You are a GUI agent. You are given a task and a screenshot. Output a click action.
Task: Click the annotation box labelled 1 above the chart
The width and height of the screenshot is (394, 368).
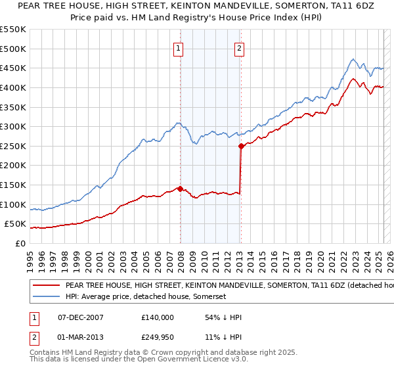click(x=179, y=48)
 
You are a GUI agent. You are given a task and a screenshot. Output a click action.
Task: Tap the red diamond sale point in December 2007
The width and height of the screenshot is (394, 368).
click(x=180, y=189)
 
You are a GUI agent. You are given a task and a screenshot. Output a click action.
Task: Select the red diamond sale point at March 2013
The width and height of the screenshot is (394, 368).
click(x=241, y=146)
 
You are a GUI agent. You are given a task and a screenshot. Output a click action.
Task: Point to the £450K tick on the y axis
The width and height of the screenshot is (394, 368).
click(x=14, y=68)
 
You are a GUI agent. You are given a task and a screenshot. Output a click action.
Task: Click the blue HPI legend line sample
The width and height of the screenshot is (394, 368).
click(x=47, y=296)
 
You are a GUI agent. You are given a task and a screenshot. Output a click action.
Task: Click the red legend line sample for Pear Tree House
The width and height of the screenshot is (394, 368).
click(x=47, y=286)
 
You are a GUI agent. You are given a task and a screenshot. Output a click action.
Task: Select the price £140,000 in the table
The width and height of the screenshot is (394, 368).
click(x=157, y=317)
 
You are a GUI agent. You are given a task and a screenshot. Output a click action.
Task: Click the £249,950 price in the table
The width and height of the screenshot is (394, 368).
click(x=157, y=338)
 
